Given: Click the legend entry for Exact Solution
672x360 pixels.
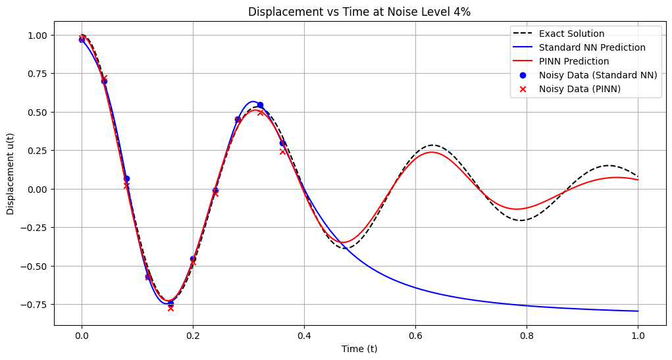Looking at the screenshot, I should point(571,34).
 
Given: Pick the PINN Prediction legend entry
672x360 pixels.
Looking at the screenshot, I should point(573,61).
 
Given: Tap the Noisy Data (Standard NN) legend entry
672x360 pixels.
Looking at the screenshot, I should point(598,75).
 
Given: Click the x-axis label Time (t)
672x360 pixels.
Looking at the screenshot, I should point(359,349).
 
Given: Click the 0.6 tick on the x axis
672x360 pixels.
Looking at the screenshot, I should point(415,336).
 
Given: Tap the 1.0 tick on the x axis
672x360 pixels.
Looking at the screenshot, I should point(638,336).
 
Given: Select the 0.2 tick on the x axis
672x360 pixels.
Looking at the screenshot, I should point(193,336).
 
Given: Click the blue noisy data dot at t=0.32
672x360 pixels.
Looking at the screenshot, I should point(260,105).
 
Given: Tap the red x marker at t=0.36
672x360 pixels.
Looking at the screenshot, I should point(282,151).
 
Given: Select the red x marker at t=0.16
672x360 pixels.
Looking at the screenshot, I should point(170,308).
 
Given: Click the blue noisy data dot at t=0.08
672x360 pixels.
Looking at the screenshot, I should point(126,178).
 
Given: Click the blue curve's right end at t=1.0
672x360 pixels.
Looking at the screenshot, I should point(638,311).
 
